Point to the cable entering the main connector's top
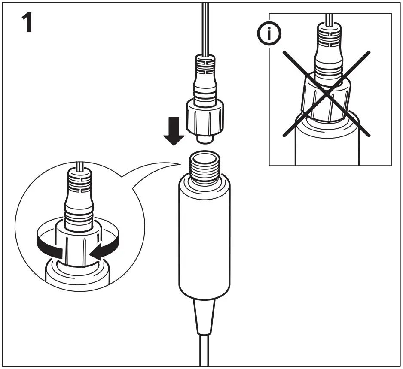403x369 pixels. [206, 26]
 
